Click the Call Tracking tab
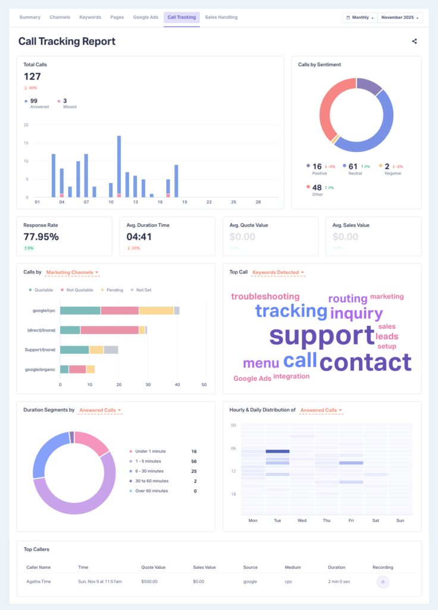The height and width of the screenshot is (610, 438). (182, 17)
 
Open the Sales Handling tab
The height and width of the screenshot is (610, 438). (221, 17)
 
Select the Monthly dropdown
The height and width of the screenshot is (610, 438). (360, 18)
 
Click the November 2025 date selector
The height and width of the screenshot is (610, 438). (400, 18)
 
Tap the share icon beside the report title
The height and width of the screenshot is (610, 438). (414, 41)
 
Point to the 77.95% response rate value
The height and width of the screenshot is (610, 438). (41, 236)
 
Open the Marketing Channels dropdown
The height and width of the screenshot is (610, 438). (72, 272)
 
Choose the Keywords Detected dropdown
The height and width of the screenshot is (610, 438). (278, 272)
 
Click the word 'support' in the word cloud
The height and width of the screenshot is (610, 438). (321, 335)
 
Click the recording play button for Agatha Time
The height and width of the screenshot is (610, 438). (383, 581)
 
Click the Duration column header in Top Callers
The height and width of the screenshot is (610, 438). (337, 567)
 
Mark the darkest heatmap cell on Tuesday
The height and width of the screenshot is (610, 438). (277, 452)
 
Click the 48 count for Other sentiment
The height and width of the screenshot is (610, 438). (317, 188)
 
